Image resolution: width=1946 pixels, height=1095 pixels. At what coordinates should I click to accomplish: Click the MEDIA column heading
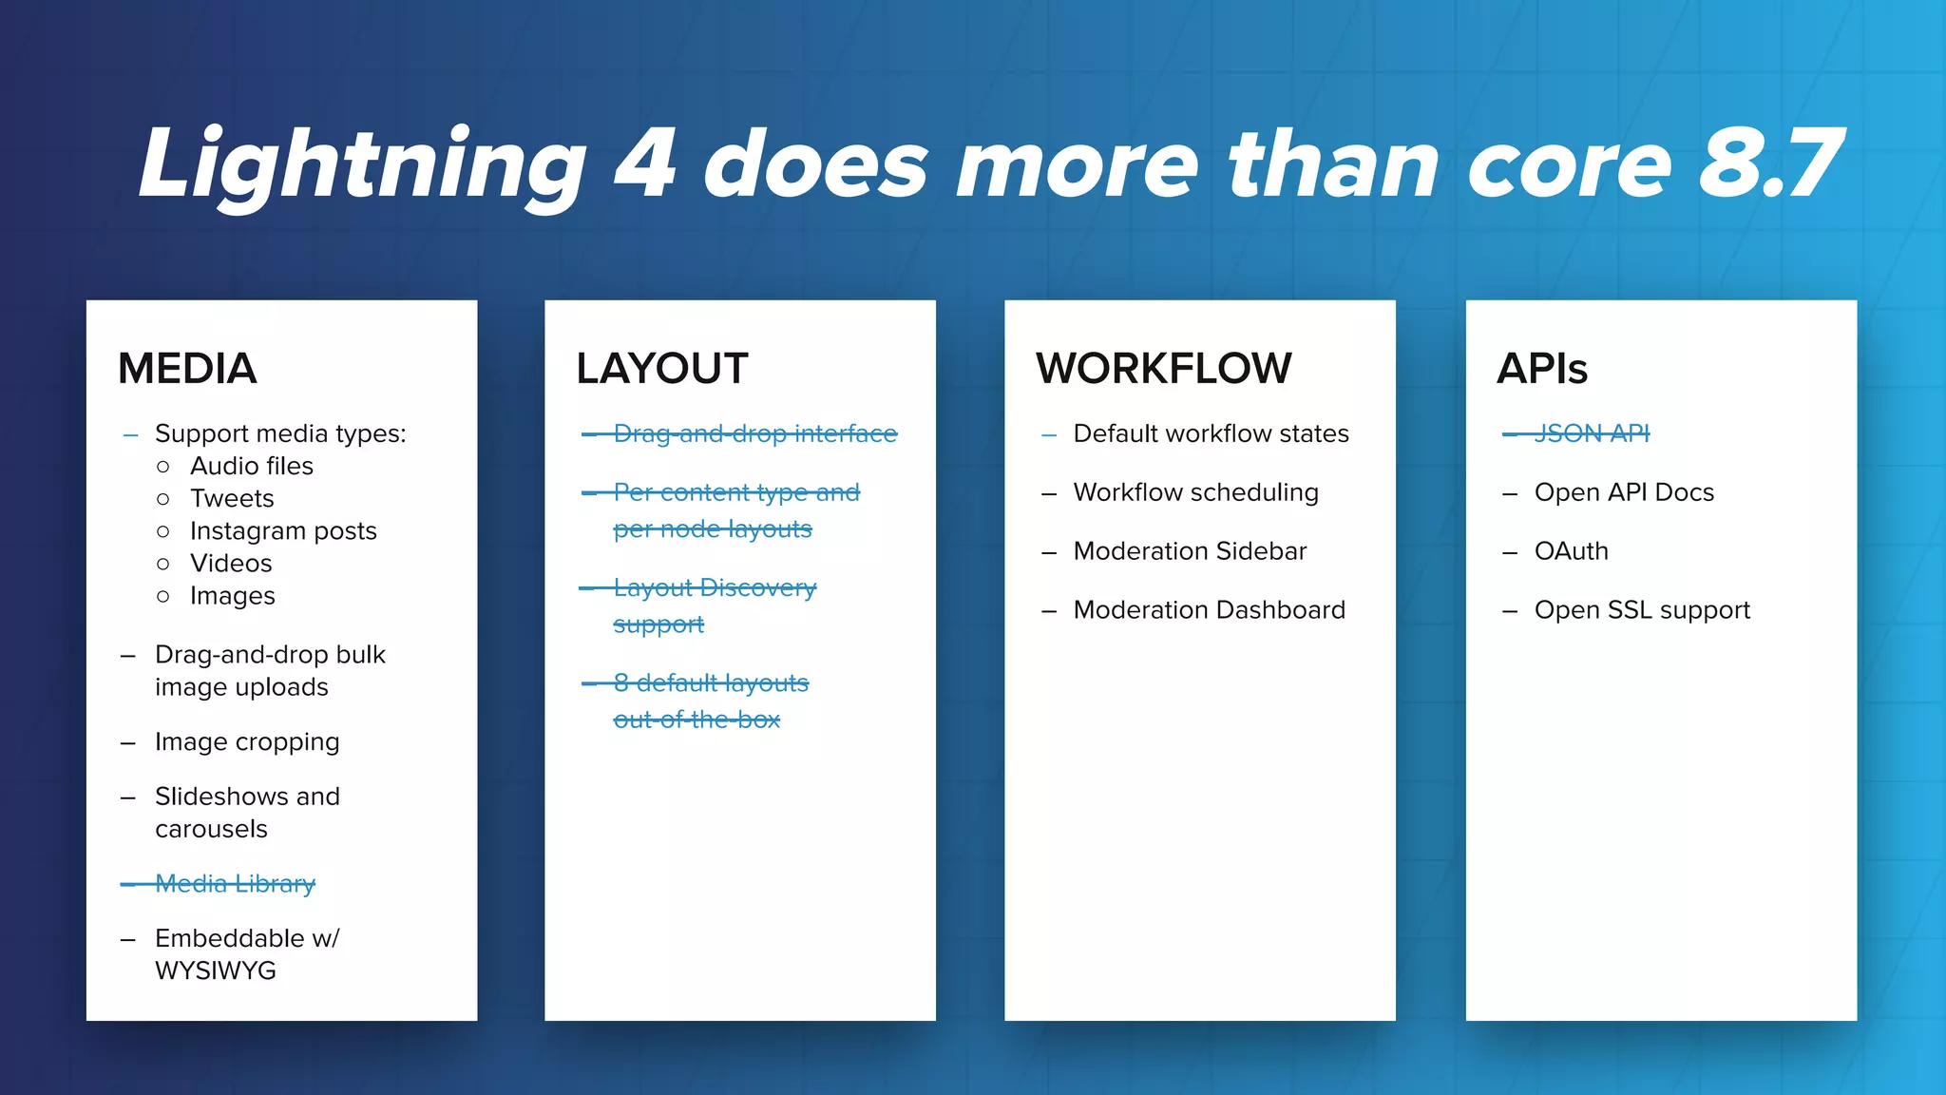point(187,369)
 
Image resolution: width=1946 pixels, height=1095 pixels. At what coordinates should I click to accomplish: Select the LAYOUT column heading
point(662,369)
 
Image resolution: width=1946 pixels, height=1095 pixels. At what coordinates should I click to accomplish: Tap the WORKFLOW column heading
point(1164,369)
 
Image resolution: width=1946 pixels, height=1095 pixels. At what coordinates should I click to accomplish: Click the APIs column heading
point(1542,369)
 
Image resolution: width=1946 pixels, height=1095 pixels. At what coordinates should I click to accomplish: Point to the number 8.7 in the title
point(1769,164)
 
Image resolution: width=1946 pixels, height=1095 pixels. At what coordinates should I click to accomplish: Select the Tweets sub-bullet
point(232,498)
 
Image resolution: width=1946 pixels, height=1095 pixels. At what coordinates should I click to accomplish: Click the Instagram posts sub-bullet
point(283,530)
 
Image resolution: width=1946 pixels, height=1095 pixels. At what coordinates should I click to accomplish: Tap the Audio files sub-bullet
point(252,466)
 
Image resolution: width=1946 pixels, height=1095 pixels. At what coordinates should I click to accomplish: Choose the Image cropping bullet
point(247,741)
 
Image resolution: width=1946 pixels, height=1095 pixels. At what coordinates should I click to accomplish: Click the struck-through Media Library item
point(235,884)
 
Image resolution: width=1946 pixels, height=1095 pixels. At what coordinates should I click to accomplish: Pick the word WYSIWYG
point(216,970)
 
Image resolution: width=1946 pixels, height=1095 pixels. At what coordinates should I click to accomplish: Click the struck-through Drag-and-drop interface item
point(755,433)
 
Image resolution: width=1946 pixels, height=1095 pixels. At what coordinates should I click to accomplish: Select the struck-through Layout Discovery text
point(715,588)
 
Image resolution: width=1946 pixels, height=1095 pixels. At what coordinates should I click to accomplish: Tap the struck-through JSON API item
point(1592,433)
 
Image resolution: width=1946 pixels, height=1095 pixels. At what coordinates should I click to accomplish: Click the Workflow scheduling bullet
point(1195,492)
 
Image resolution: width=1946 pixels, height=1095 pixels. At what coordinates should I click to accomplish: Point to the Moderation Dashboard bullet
point(1209,610)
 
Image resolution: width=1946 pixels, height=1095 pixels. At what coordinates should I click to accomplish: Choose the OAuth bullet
point(1571,551)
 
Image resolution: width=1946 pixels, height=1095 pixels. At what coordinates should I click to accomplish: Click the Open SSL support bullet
point(1642,610)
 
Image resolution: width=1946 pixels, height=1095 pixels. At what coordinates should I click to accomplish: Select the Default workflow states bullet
point(1211,433)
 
